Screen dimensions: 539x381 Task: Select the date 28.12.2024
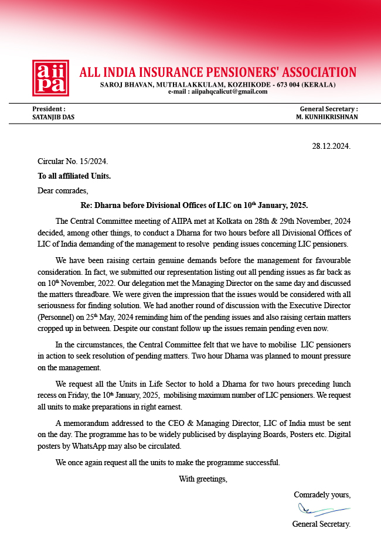(331, 146)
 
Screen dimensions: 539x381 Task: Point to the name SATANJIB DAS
(53, 117)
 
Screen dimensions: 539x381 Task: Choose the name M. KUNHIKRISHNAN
(327, 117)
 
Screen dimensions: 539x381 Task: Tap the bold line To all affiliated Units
(74, 176)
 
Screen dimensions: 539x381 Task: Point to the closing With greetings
(203, 479)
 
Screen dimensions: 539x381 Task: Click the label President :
(49, 109)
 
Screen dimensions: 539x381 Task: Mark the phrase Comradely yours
(322, 494)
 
